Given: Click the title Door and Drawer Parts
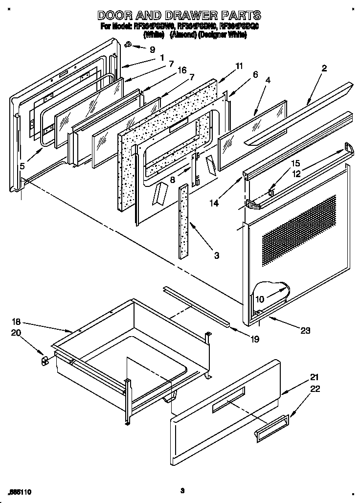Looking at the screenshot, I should click(179, 15).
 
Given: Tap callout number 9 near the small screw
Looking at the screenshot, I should click(152, 49).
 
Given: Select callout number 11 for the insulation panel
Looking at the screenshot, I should click(225, 66).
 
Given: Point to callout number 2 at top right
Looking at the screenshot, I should click(324, 68).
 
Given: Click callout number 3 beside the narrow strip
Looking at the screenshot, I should click(216, 255).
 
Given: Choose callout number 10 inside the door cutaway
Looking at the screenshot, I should click(259, 299).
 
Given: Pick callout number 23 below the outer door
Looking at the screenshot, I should click(305, 330).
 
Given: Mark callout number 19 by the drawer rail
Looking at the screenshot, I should click(254, 338).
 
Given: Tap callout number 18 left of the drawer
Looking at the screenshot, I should click(17, 321).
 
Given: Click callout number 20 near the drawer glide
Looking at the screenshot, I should click(17, 333).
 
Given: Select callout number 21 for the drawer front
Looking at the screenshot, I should click(314, 377).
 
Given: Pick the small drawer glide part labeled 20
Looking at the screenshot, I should click(45, 361).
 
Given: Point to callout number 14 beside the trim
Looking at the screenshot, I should click(216, 202).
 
